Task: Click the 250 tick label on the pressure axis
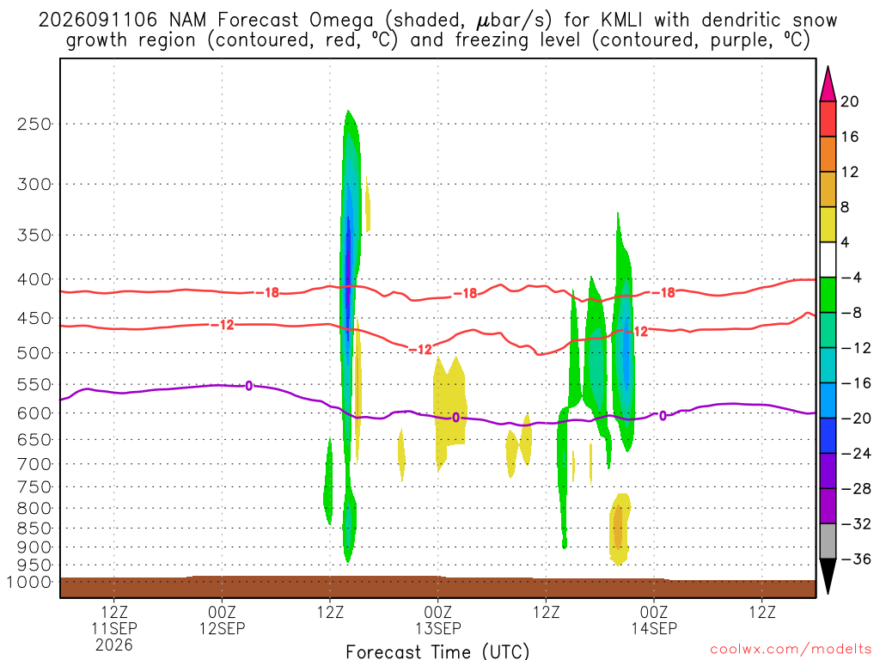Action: pos(34,124)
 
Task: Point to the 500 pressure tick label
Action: pos(34,353)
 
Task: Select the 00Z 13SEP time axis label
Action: pos(437,620)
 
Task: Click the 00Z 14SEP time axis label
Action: pos(654,620)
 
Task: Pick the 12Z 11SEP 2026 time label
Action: pos(114,628)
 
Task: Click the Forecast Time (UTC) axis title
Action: pos(437,651)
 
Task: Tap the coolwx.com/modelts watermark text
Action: pos(791,650)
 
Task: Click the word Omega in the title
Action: pos(341,21)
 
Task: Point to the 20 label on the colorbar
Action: pos(850,101)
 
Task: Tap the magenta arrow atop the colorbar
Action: pos(828,84)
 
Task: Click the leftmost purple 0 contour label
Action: pos(248,386)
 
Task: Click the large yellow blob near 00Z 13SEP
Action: pos(449,404)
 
